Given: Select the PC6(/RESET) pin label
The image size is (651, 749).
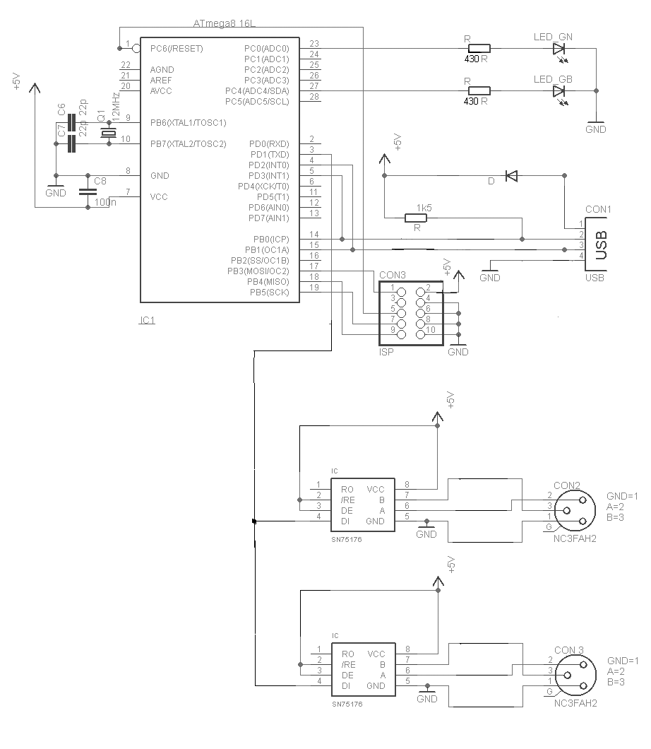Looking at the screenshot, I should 177,49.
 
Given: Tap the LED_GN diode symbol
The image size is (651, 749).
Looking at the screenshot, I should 559,49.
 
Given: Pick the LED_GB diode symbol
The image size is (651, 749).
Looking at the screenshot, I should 559,90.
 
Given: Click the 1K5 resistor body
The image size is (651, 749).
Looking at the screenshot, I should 417,218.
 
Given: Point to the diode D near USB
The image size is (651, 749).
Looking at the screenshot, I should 510,175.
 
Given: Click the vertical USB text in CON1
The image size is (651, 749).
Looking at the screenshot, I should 602,245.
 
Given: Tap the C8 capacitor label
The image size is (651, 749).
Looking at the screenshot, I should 100,182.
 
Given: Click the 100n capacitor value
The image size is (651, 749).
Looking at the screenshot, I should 104,203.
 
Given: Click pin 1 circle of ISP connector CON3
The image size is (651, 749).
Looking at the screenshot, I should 402,291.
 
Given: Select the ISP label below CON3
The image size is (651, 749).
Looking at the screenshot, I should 386,351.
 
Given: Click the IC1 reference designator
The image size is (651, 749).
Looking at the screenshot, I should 147,320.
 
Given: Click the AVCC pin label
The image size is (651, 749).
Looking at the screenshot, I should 162,91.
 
